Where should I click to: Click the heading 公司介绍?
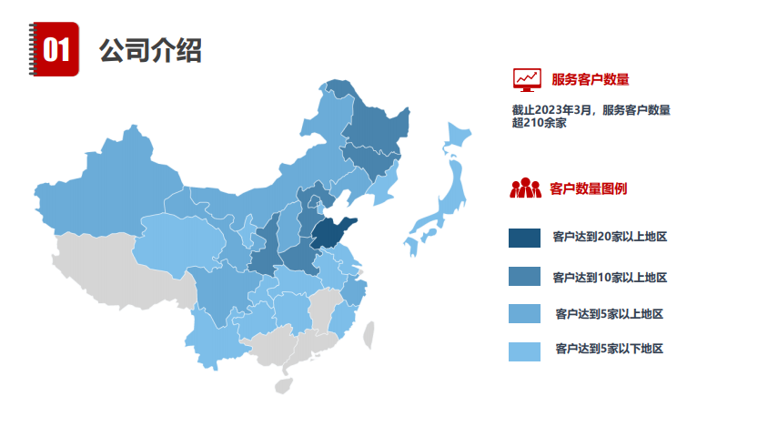click(x=150, y=49)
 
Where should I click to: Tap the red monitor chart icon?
click(x=526, y=80)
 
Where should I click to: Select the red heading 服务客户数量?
click(x=591, y=80)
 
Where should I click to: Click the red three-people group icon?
click(x=525, y=188)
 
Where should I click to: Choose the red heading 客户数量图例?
click(x=588, y=189)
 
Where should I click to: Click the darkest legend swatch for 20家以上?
click(x=525, y=238)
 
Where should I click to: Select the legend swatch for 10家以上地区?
click(x=525, y=276)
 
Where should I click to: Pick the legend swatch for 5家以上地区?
click(x=525, y=314)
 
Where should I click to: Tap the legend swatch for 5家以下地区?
click(x=525, y=350)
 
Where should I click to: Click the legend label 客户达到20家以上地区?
click(x=610, y=238)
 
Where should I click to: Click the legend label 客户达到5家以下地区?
click(x=609, y=349)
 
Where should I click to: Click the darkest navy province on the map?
click(x=328, y=235)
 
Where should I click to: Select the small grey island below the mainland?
click(x=283, y=384)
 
